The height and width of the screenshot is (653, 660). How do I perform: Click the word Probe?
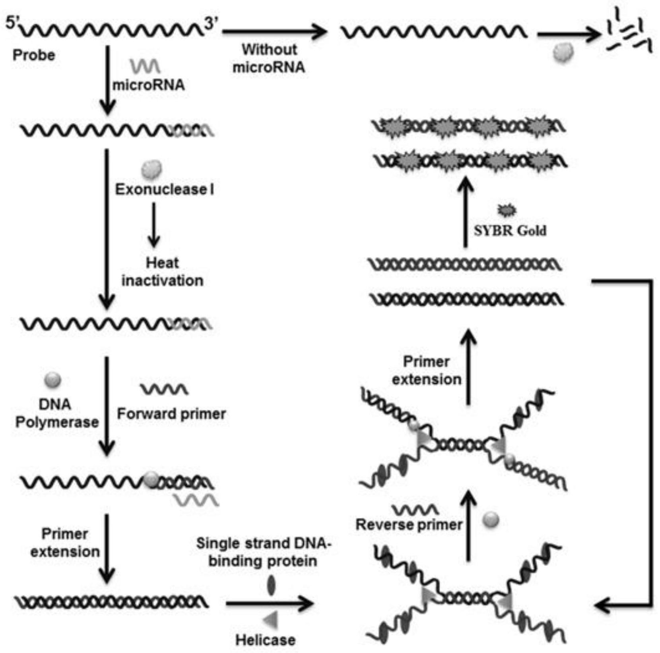(34, 55)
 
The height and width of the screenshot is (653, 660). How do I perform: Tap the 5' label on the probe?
(12, 23)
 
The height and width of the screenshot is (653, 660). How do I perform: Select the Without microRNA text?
(269, 58)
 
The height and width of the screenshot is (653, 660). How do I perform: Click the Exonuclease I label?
(165, 189)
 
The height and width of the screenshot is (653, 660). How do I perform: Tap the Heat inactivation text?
(162, 272)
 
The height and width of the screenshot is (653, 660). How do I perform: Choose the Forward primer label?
(171, 414)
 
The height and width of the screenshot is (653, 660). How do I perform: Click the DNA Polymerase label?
(57, 413)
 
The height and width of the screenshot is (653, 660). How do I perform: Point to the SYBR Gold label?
(510, 230)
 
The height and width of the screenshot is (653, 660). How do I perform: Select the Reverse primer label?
(409, 524)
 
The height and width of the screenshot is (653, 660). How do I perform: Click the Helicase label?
(265, 640)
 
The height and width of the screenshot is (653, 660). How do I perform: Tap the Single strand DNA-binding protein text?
(263, 552)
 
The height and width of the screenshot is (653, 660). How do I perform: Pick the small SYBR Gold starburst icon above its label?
(507, 210)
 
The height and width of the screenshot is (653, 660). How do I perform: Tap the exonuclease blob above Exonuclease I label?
(151, 169)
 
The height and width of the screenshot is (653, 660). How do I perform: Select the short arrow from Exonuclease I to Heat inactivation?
(154, 225)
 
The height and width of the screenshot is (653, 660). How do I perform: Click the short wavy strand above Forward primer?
(164, 389)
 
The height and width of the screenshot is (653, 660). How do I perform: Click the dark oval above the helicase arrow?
(271, 586)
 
